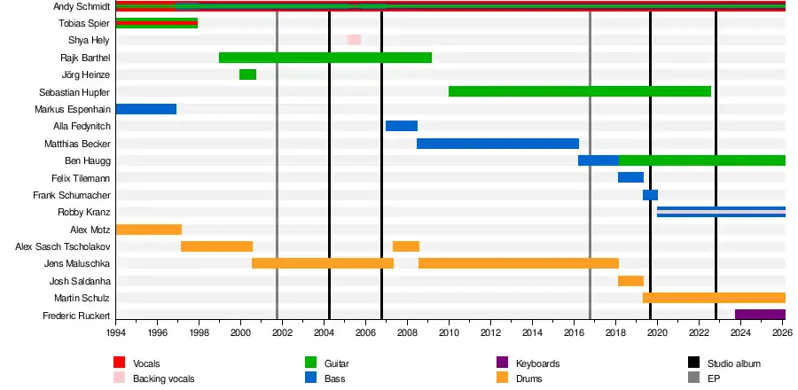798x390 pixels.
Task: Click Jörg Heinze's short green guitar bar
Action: click(248, 74)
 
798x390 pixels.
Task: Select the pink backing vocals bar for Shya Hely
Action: click(354, 40)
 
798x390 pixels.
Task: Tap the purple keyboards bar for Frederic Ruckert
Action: click(761, 315)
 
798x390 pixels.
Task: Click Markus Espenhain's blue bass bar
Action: click(146, 109)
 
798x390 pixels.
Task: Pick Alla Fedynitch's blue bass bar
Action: click(402, 126)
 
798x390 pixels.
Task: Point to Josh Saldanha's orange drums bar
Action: click(630, 281)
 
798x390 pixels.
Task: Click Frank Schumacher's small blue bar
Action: click(651, 195)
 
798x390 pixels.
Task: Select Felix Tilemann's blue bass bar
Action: click(630, 177)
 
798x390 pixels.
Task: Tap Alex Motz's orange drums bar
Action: click(149, 230)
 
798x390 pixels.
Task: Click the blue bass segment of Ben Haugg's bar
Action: click(598, 160)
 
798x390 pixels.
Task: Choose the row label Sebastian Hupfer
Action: click(74, 92)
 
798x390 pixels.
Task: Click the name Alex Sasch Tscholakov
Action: click(63, 247)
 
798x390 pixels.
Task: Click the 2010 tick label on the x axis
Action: click(449, 332)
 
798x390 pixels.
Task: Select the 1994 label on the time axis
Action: click(116, 332)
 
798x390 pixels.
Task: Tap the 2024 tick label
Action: click(740, 332)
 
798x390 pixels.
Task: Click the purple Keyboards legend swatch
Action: click(502, 363)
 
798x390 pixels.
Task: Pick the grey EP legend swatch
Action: click(693, 378)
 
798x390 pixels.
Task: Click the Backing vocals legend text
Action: click(163, 378)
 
